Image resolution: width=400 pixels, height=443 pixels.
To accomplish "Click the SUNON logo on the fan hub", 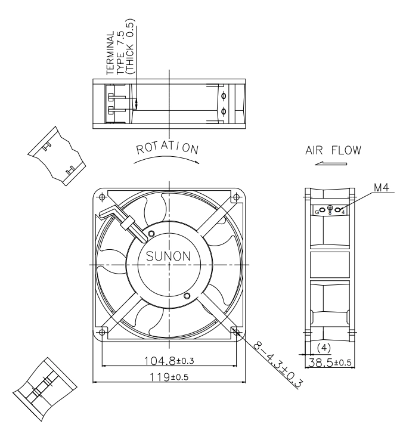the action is pyautogui.click(x=168, y=256).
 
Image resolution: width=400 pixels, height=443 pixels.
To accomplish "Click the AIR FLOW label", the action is pyautogui.click(x=333, y=150).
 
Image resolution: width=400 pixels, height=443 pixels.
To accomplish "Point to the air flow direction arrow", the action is pyautogui.click(x=331, y=163).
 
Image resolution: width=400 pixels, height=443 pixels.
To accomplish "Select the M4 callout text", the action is pyautogui.click(x=382, y=187).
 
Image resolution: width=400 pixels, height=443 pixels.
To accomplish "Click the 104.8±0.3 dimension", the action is pyautogui.click(x=169, y=361).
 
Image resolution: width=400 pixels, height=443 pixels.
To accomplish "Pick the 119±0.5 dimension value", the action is pyautogui.click(x=169, y=377).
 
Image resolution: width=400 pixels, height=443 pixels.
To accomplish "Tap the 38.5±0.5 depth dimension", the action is pyautogui.click(x=330, y=362).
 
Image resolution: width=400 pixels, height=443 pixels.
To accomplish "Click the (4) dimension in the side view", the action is pyautogui.click(x=324, y=348).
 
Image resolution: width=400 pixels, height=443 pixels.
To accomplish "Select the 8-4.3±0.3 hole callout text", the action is pyautogui.click(x=278, y=365).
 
